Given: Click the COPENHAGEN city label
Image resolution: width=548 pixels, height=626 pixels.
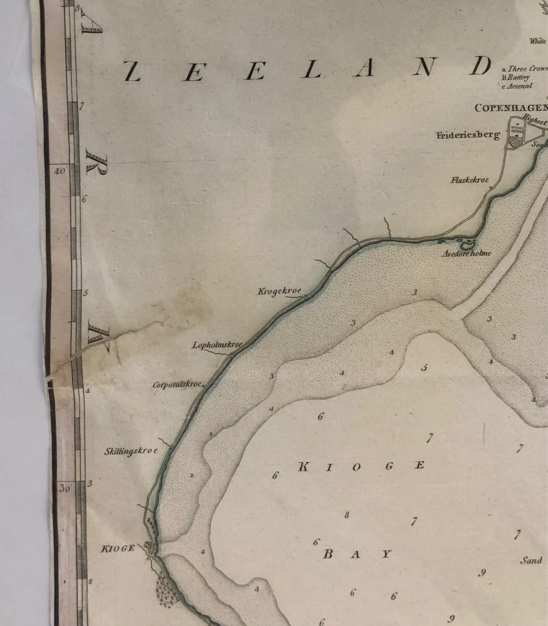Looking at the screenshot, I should tap(511, 108).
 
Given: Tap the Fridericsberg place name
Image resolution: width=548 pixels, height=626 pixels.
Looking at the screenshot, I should tap(468, 135).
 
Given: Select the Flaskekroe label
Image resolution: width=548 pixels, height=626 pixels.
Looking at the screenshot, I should tap(470, 180).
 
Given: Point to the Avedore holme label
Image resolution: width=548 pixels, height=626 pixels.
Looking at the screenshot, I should tap(466, 254).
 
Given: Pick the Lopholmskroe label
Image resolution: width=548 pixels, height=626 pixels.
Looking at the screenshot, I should tap(217, 345).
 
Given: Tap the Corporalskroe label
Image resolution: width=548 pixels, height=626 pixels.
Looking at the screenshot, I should tap(177, 385).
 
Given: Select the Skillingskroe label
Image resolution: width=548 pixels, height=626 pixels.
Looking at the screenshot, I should tap(131, 452).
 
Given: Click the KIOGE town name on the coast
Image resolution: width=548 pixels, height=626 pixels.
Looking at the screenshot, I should tap(118, 548).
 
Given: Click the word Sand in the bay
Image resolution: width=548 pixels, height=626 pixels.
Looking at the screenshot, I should tap(531, 560).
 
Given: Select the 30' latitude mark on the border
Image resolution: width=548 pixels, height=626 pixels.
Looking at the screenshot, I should tap(65, 489).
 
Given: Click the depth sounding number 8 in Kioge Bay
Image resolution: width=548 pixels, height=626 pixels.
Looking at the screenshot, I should tap(347, 515).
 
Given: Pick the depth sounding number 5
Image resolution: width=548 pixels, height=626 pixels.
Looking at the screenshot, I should tap(424, 368).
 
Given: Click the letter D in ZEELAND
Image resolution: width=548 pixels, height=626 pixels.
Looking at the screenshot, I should tap(481, 67).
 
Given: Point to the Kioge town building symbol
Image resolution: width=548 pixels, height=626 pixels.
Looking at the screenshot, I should tap(151, 548).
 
